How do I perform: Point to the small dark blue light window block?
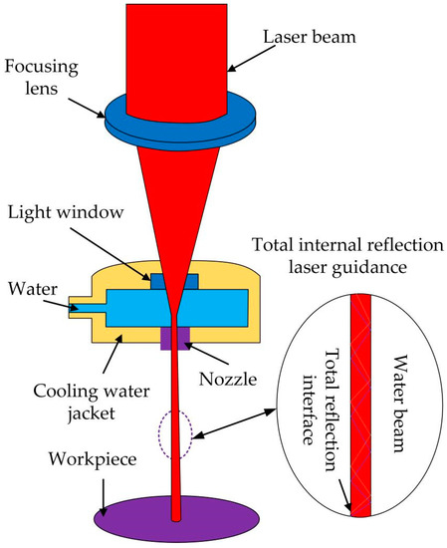(160, 282)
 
